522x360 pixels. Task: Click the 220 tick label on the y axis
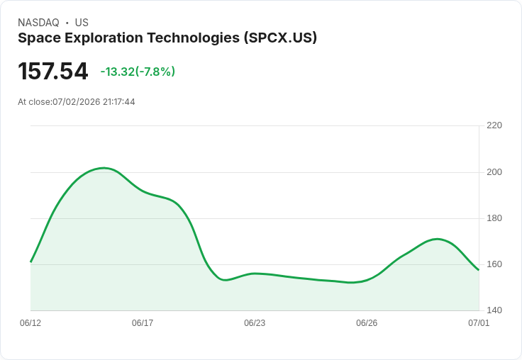click(x=494, y=125)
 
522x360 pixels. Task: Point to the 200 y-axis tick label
click(x=494, y=172)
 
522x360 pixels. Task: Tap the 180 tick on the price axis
click(x=494, y=218)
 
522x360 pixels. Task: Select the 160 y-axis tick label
click(x=494, y=264)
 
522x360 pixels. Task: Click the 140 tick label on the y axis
click(x=494, y=310)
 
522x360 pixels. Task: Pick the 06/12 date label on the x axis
click(x=30, y=323)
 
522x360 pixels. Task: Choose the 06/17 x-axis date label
click(x=143, y=323)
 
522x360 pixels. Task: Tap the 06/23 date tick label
click(x=255, y=323)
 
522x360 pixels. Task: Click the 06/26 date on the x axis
click(x=367, y=323)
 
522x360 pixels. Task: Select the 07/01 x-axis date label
click(x=479, y=323)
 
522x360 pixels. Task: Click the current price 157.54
click(x=53, y=71)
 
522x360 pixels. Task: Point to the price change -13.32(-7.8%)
click(x=138, y=72)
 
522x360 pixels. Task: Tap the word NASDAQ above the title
click(x=38, y=23)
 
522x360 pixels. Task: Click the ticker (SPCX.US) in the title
click(x=280, y=38)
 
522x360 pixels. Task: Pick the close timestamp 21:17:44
click(x=119, y=102)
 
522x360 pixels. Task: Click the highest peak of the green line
click(x=104, y=168)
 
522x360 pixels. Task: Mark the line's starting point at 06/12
click(x=30, y=261)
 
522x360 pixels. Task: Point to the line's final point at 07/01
click(x=479, y=270)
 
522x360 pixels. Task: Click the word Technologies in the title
click(x=194, y=38)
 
